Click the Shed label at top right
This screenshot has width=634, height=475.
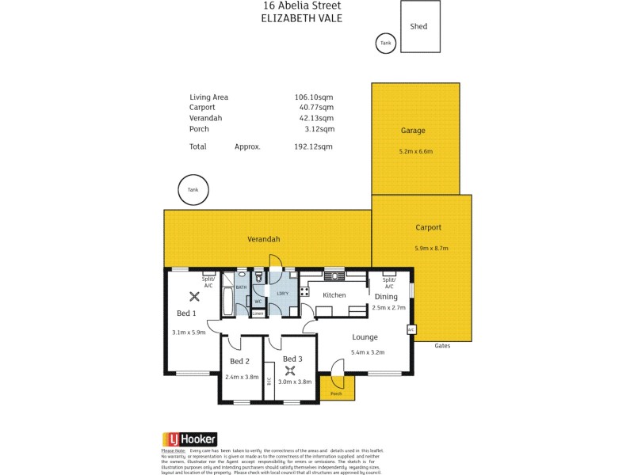coord(418,26)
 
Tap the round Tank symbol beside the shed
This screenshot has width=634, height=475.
coord(385,44)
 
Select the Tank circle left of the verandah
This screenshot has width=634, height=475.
coord(193,190)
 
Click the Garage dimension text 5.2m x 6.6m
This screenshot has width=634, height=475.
coord(416,151)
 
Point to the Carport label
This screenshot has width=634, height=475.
coord(428,227)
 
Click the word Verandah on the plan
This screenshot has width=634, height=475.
coord(263,238)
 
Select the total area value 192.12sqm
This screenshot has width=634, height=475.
coord(314,146)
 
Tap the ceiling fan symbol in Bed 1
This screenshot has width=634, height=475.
coord(194,296)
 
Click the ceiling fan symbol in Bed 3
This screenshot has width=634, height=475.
coord(291,370)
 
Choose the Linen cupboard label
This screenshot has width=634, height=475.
coord(258,313)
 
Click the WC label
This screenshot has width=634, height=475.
coord(258,301)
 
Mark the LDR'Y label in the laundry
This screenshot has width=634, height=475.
coord(281,294)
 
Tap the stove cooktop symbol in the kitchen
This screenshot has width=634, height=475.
coord(304,291)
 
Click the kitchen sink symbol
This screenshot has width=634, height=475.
coord(334,276)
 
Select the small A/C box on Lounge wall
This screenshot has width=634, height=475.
coord(411,329)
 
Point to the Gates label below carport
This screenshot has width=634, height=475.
coord(443,346)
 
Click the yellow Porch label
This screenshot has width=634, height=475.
coord(336,393)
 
